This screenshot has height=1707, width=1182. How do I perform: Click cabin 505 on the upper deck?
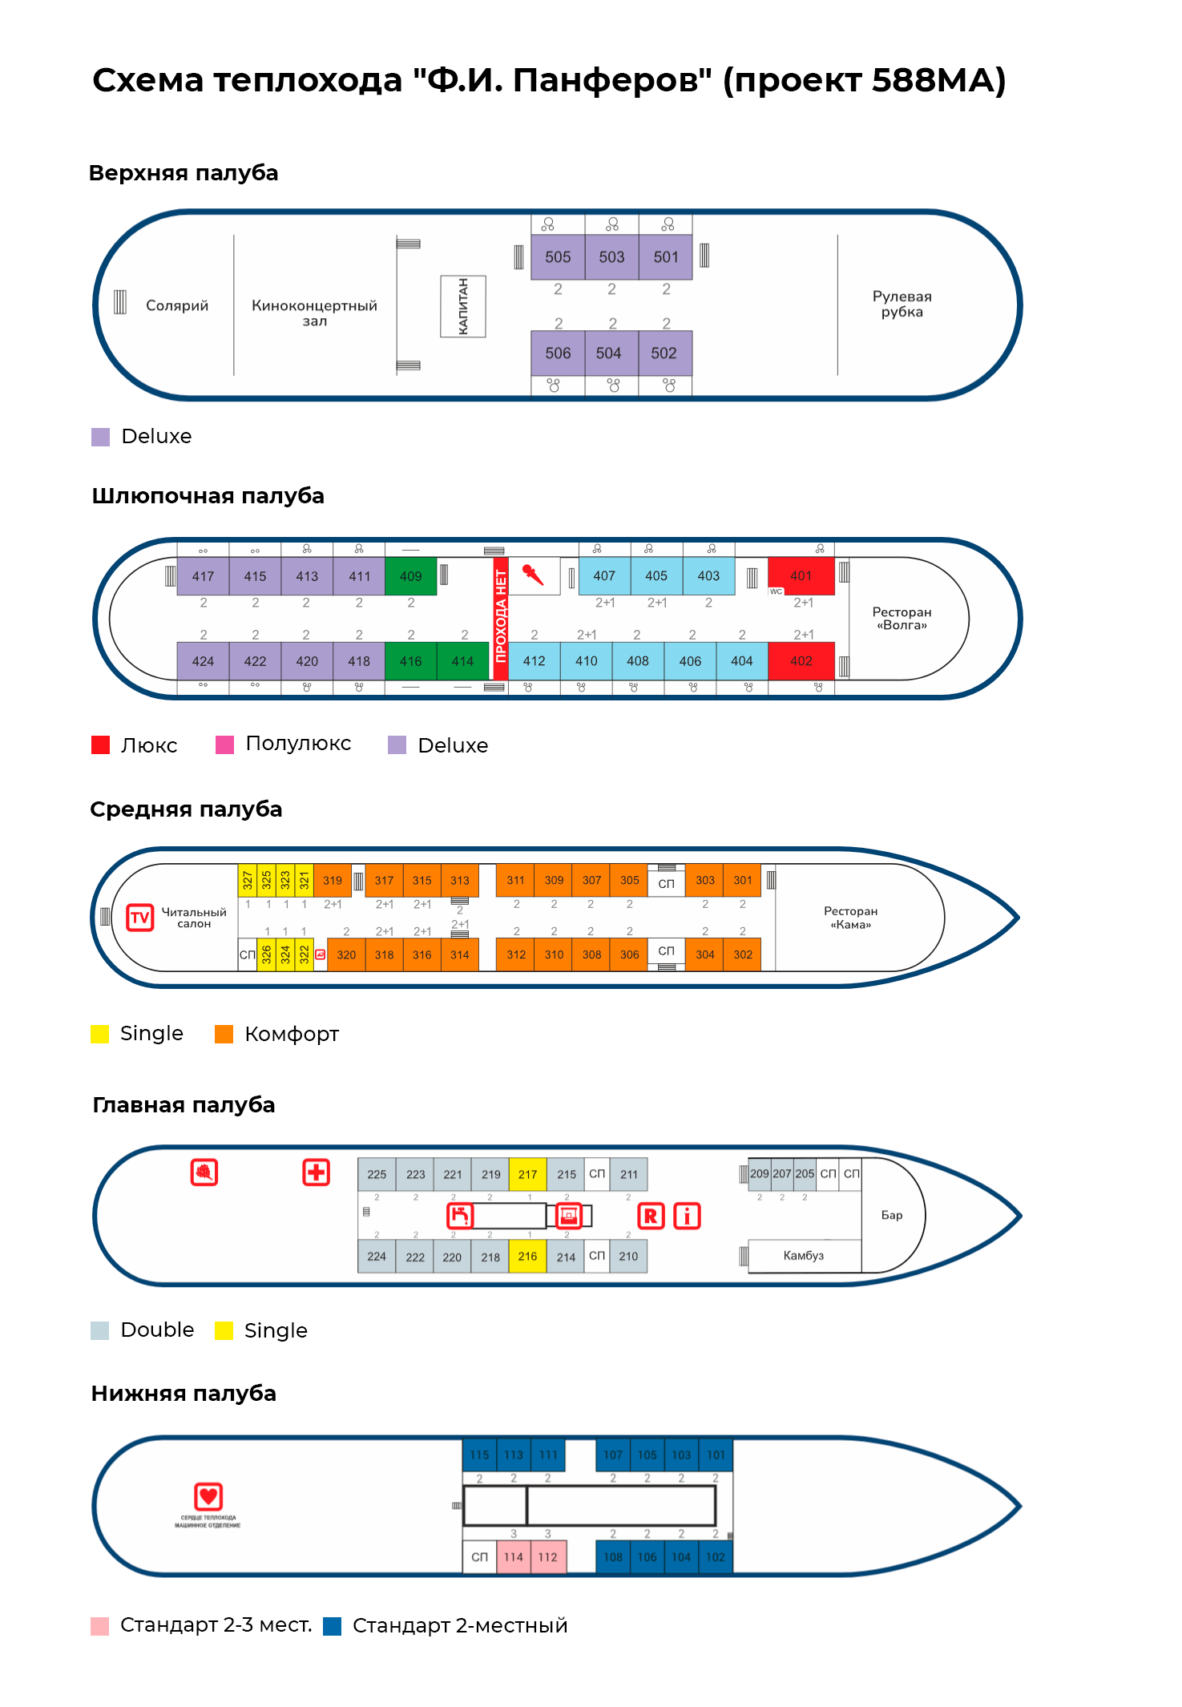pyautogui.click(x=558, y=257)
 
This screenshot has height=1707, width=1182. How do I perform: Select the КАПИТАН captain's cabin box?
pyautogui.click(x=463, y=306)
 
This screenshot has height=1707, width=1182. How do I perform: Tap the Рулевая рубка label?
pyautogui.click(x=902, y=305)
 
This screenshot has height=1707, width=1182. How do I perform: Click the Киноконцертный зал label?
pyautogui.click(x=314, y=312)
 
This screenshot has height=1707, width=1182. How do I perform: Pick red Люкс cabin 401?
pyautogui.click(x=801, y=575)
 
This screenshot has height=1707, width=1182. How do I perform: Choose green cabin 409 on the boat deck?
pyautogui.click(x=410, y=576)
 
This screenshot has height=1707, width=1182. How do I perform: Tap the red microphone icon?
pyautogui.click(x=533, y=575)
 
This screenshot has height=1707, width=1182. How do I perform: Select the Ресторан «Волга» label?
pyautogui.click(x=902, y=618)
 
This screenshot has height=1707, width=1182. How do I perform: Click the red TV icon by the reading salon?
pyautogui.click(x=140, y=917)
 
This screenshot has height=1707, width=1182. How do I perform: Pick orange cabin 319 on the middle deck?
pyautogui.click(x=333, y=881)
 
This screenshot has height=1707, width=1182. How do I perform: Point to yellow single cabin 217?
pyautogui.click(x=527, y=1174)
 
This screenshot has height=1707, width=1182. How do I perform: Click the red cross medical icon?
pyautogui.click(x=317, y=1172)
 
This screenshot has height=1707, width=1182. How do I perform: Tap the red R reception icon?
pyautogui.click(x=651, y=1217)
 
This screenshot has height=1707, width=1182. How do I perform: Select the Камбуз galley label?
pyautogui.click(x=803, y=1256)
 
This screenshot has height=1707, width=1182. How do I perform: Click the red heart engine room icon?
pyautogui.click(x=208, y=1495)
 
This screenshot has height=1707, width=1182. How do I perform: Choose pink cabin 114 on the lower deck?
pyautogui.click(x=514, y=1557)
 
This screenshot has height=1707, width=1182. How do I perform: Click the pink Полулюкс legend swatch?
pyautogui.click(x=225, y=745)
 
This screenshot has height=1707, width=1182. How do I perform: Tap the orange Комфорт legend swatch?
pyautogui.click(x=224, y=1034)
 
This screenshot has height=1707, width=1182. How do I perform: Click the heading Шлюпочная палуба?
pyautogui.click(x=208, y=496)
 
